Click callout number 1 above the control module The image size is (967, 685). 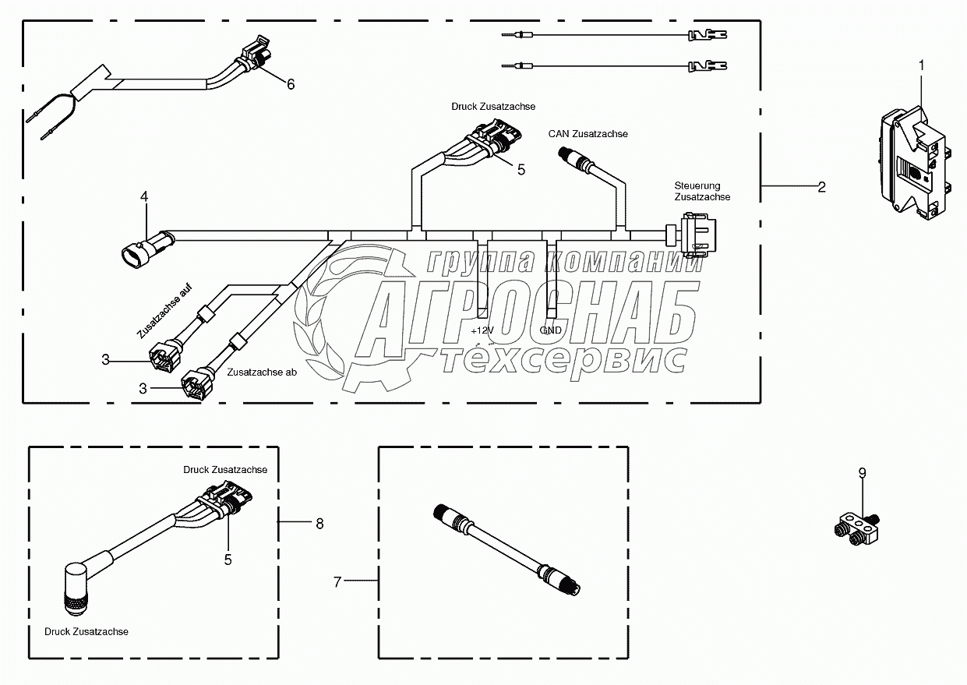tap(921, 65)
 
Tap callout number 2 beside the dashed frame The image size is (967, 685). tap(821, 187)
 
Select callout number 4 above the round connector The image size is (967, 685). tap(144, 197)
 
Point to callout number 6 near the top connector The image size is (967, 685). tap(291, 84)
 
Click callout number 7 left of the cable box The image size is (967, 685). tap(337, 582)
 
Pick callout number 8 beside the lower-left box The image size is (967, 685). tap(319, 524)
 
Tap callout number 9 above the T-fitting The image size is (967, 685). tap(862, 473)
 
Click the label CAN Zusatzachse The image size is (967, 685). tap(588, 134)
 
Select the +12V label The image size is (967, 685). tap(482, 330)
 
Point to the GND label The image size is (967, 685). tap(550, 330)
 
